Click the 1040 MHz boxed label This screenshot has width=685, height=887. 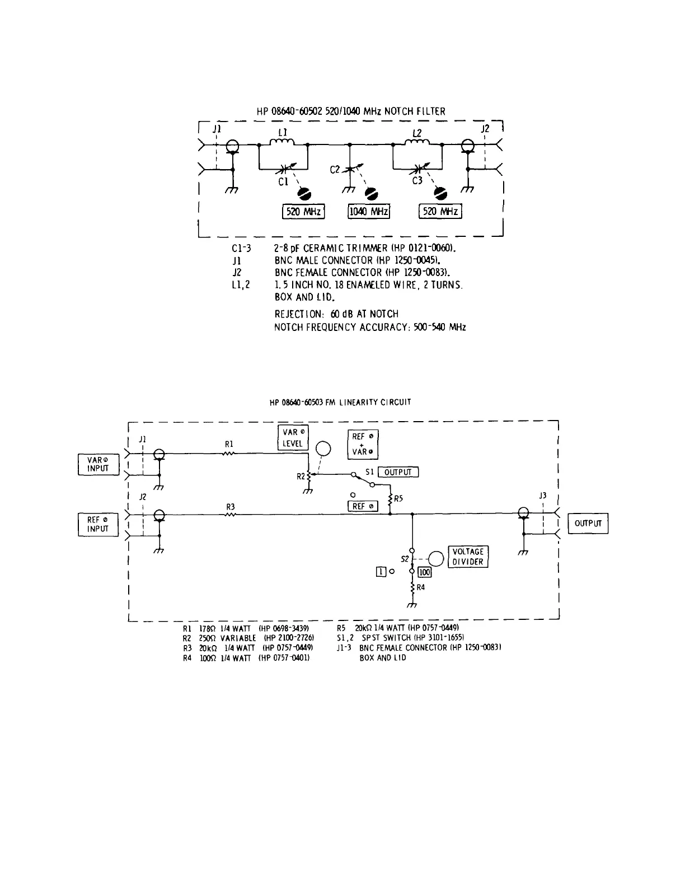(x=369, y=212)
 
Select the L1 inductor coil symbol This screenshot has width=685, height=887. (x=283, y=143)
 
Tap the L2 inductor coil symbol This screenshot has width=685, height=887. (x=416, y=143)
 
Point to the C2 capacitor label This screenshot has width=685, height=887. (x=335, y=169)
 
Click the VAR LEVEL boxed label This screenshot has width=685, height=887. (x=293, y=437)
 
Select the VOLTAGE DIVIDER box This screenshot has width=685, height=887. (x=467, y=557)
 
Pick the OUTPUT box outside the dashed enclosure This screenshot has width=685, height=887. (x=588, y=524)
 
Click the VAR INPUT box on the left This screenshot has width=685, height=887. (x=98, y=464)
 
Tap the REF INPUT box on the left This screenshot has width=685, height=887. (x=98, y=524)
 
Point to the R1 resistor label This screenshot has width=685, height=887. (x=229, y=444)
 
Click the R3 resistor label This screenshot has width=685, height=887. (x=230, y=507)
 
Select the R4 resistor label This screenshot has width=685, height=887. (x=420, y=587)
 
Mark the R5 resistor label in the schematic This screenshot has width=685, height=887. (x=398, y=498)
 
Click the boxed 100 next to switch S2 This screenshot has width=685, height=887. (x=424, y=572)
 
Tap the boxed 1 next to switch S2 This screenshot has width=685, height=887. (x=381, y=572)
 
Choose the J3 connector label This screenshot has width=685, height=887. (x=542, y=496)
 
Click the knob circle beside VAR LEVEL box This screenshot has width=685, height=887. (x=323, y=449)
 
